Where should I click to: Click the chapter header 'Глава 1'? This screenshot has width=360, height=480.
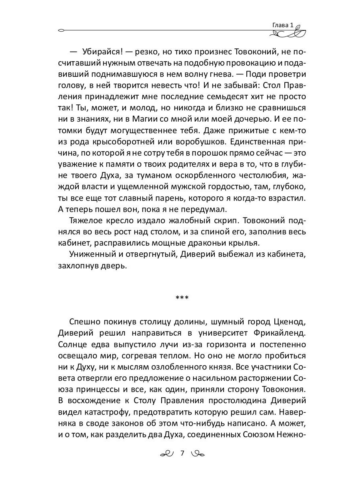coord(283,25)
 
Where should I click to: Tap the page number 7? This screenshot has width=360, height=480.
coord(182,453)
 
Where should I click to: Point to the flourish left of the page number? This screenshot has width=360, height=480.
coord(167,454)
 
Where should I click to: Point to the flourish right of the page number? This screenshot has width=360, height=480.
coord(198,454)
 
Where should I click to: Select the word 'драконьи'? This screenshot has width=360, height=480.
coord(222,242)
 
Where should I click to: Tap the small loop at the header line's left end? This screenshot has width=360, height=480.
coord(61,30)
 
